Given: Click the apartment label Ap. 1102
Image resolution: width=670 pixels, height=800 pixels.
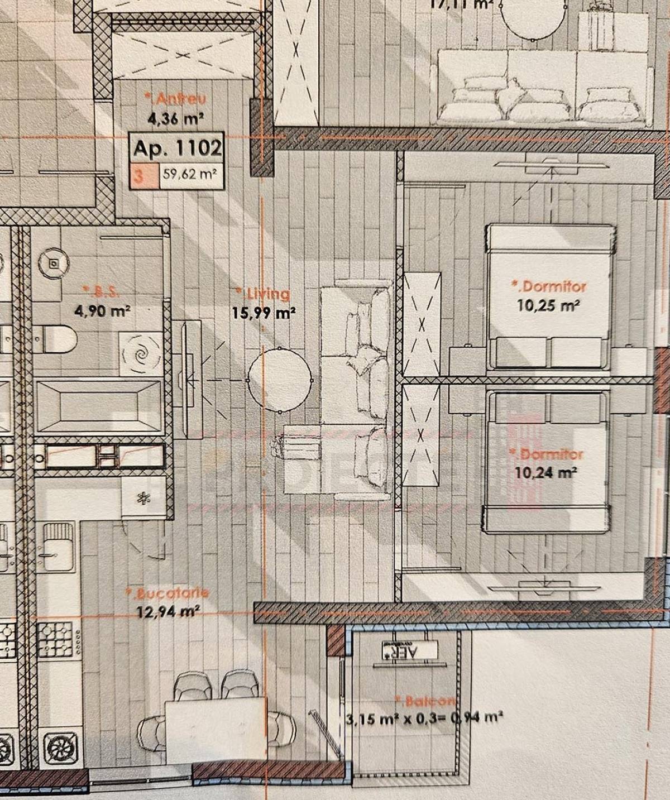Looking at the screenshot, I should coord(178,148).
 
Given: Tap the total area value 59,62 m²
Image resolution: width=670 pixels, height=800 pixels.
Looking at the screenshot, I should coord(189,174).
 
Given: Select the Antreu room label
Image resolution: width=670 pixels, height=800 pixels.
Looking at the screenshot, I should coord(175,99).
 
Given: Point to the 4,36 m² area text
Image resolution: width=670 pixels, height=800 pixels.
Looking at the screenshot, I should coord(175,118).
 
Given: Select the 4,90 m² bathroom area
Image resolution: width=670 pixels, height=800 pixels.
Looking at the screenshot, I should coord(102,311).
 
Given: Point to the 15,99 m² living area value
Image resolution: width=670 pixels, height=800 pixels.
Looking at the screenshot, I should coord(264,313).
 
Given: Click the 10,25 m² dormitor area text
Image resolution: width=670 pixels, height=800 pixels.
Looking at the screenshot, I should coord(548,305).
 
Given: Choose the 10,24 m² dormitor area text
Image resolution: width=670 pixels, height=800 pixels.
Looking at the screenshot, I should coord(545,472).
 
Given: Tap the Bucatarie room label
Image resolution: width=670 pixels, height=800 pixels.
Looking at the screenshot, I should coord(167,593).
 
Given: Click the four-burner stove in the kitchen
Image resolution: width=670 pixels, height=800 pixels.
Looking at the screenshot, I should coord(55,639).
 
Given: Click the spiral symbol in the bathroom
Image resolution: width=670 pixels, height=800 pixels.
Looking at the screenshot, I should coord(140,353).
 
